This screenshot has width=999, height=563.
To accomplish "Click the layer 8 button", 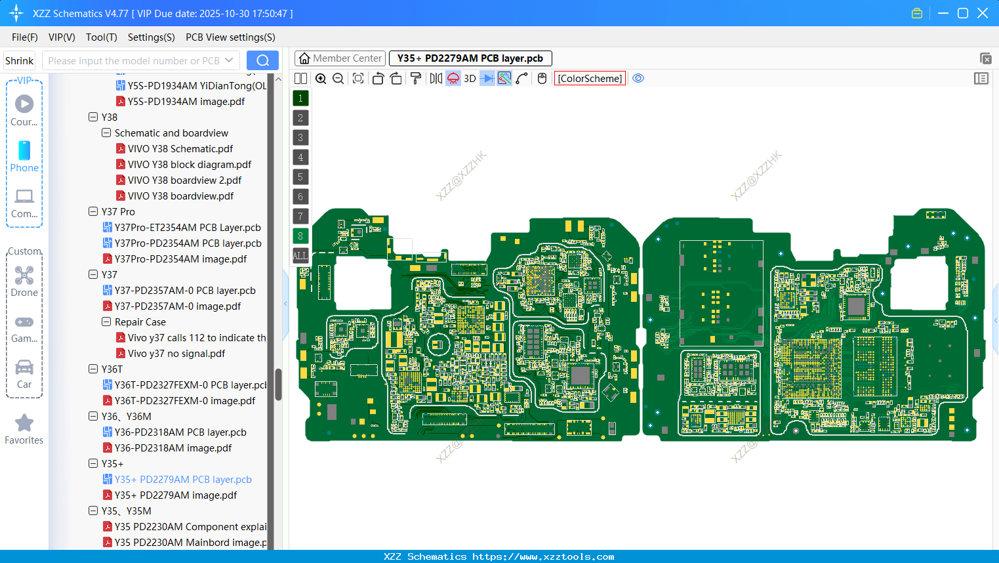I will (300, 236).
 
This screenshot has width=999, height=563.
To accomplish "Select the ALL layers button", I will (300, 256).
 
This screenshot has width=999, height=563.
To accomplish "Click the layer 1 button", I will (300, 98).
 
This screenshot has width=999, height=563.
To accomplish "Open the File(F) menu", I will (25, 37).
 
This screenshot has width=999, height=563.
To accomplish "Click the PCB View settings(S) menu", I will (230, 37).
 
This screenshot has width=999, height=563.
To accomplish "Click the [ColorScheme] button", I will (590, 79).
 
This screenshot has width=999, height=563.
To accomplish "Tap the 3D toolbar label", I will (470, 79).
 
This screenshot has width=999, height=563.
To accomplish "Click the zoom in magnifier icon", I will (321, 79).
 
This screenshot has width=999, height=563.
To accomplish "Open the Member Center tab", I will (340, 58).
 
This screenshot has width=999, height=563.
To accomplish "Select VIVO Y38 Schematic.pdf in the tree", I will (180, 149).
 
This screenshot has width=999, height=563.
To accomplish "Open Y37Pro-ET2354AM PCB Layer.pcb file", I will (187, 228).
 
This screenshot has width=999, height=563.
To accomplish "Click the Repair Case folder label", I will (140, 322).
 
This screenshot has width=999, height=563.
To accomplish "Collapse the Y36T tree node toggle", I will (93, 369).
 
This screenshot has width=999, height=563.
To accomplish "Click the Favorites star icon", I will (24, 423).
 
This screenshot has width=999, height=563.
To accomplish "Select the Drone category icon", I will (24, 276).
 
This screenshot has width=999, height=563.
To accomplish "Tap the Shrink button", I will (20, 61).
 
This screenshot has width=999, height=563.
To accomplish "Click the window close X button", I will (983, 13).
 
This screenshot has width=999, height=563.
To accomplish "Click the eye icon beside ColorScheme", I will (638, 79).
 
